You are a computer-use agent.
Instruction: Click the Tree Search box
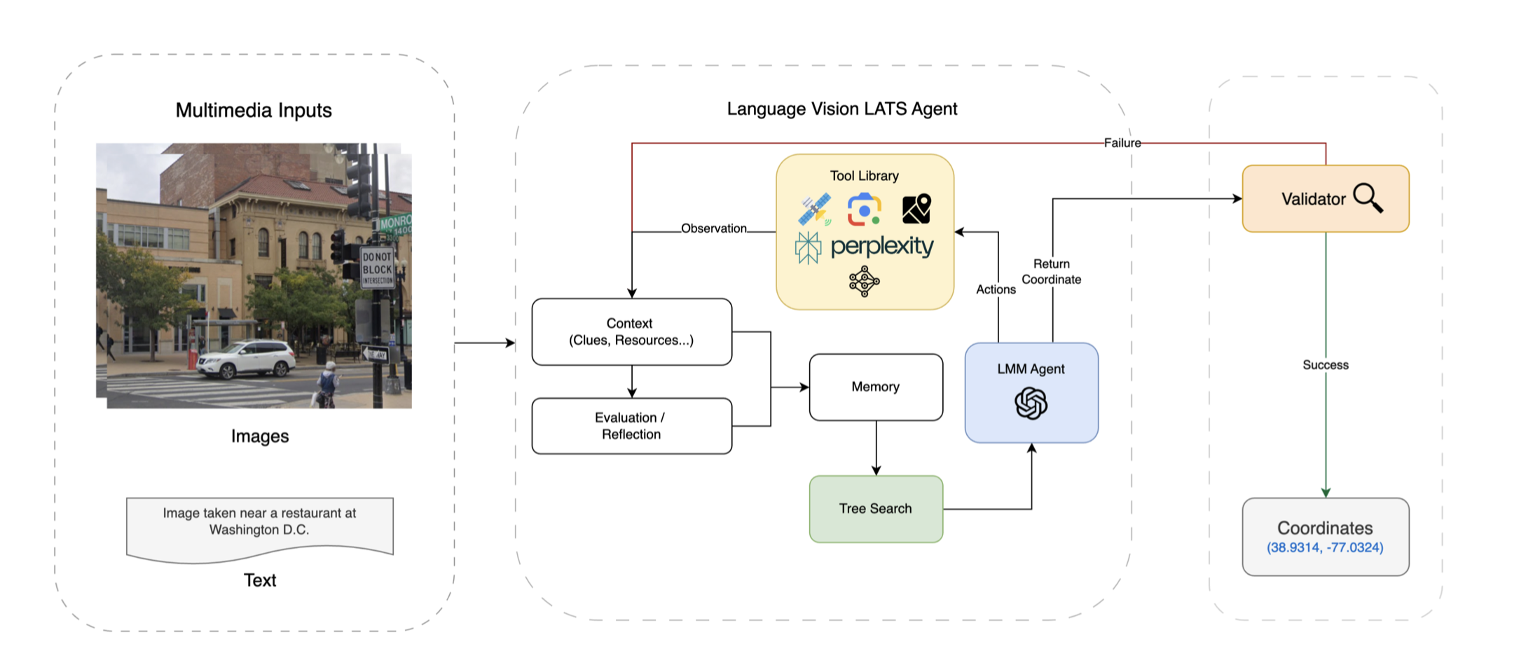(876, 509)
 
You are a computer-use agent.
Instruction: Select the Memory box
(876, 387)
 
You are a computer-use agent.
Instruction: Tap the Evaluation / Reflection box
(631, 426)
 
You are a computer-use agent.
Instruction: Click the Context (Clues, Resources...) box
(631, 332)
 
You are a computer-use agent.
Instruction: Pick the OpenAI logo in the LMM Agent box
(1031, 404)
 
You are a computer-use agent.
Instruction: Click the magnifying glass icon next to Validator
(1368, 198)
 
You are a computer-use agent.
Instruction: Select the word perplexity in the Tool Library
(882, 247)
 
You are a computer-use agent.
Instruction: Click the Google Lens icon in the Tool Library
(865, 210)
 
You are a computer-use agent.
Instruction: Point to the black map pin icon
(916, 209)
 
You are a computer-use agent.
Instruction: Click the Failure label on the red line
(1122, 143)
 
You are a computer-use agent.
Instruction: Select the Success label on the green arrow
(1326, 365)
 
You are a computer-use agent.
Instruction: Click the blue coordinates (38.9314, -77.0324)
(1325, 547)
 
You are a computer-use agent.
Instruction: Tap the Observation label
(714, 228)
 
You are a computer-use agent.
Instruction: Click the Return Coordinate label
(1052, 272)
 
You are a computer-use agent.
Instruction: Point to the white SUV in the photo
(246, 359)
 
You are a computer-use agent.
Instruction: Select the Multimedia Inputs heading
(254, 110)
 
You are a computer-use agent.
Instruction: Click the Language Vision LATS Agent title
(841, 109)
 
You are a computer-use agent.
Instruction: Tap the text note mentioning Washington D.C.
(259, 522)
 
